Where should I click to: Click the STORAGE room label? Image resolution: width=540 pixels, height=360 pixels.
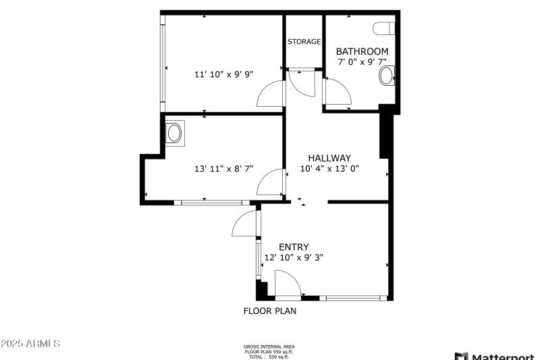pos(304,42)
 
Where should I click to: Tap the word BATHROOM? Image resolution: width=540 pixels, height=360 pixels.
pos(362,51)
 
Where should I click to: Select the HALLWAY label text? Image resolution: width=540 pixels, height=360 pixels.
pos(329,158)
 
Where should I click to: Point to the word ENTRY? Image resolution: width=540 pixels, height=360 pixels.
pos(294,247)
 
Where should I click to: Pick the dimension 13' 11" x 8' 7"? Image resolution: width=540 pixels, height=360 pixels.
pos(223,169)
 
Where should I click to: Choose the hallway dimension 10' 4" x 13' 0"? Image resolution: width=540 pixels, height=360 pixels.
pos(329,169)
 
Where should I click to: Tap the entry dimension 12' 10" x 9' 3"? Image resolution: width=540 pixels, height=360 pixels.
pos(294,257)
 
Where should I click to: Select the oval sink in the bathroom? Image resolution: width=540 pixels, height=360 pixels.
pos(387,76)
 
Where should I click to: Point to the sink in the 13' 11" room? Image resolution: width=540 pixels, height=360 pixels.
pos(174,132)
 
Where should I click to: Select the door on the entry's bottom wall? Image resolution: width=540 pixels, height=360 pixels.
pos(288,284)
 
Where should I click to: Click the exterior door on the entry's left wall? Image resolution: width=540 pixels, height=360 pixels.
pos(245,224)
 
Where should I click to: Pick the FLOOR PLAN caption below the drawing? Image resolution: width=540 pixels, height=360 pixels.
pos(269,311)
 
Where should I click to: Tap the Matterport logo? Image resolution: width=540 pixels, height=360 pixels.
pos(496,355)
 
